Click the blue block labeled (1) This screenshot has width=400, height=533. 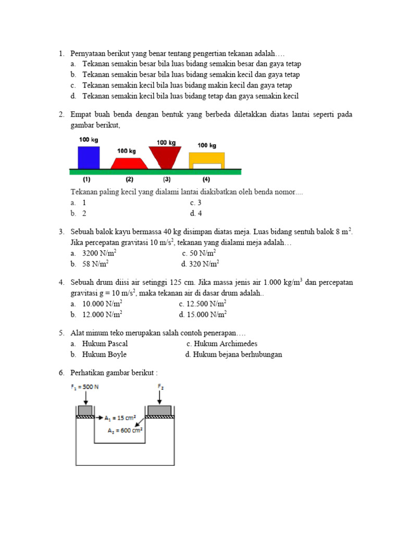pos(88,157)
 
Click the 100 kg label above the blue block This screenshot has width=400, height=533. pos(88,140)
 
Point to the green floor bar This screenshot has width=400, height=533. pos(155,171)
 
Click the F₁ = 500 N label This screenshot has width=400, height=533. pos(85,387)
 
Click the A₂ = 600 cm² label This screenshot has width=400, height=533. pos(126,430)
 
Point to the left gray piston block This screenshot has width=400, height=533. pos(85,410)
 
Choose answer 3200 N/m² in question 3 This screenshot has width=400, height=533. pos(99,253)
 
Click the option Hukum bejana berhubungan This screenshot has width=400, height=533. pos(238,354)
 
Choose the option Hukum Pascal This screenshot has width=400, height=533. pos(105,344)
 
